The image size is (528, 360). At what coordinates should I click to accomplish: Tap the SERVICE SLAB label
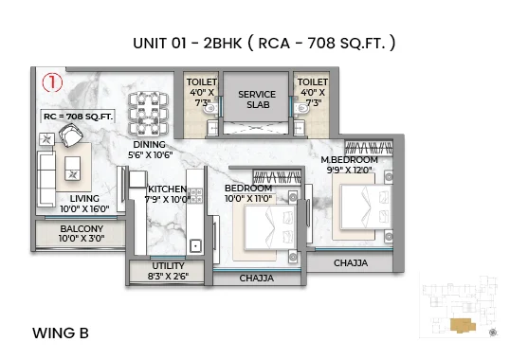click(x=256, y=100)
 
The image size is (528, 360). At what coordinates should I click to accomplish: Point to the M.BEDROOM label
click(x=349, y=165)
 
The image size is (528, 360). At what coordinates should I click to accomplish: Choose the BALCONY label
click(x=82, y=234)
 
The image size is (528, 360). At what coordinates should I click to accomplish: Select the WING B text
click(x=61, y=333)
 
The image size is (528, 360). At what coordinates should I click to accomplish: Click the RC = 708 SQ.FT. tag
click(x=78, y=115)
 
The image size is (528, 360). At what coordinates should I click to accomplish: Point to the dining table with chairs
click(x=150, y=111)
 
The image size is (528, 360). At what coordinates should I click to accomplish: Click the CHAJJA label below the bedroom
click(x=256, y=279)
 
